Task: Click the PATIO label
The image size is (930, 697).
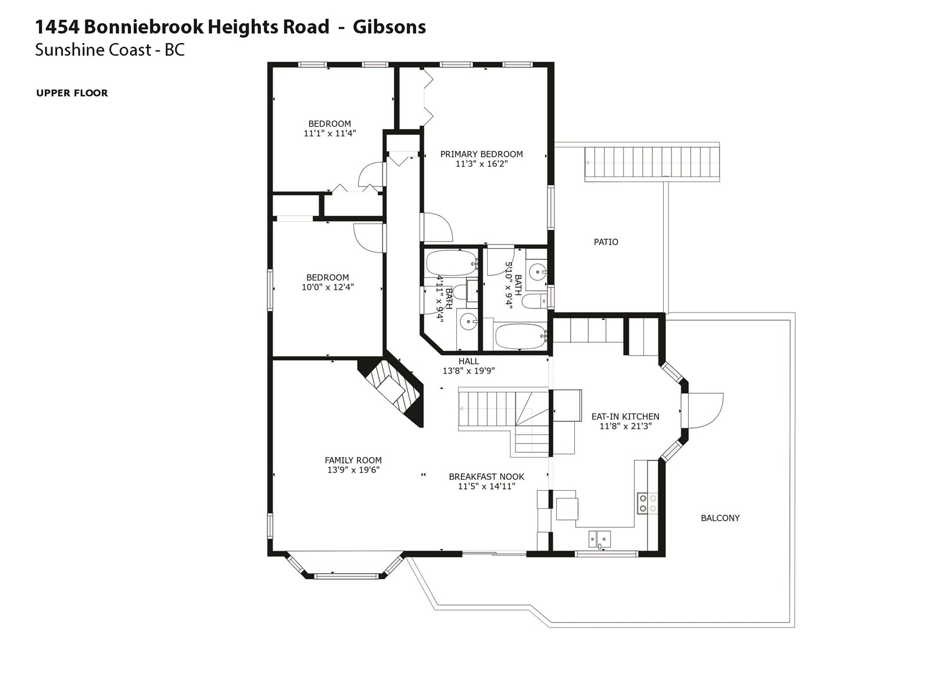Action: click(x=606, y=242)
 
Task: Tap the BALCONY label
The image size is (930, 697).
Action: click(x=720, y=518)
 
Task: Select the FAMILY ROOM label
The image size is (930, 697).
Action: click(x=353, y=460)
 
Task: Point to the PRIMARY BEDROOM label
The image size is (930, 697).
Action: click(x=481, y=154)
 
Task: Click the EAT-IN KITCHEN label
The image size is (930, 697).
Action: click(x=625, y=416)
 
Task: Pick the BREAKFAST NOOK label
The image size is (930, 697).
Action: click(x=487, y=476)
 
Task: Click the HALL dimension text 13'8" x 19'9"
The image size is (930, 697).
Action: click(x=468, y=371)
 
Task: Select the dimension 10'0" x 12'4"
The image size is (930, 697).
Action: click(x=327, y=287)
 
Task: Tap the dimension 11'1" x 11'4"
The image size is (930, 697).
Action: click(x=330, y=134)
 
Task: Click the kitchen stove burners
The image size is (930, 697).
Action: click(x=648, y=503)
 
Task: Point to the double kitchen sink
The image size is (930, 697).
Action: click(x=599, y=539)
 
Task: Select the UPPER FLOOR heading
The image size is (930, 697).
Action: click(x=72, y=93)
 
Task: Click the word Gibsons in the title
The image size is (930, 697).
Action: click(x=389, y=27)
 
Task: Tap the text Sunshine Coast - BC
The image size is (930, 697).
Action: click(x=110, y=50)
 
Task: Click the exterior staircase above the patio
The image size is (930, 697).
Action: click(x=652, y=162)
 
